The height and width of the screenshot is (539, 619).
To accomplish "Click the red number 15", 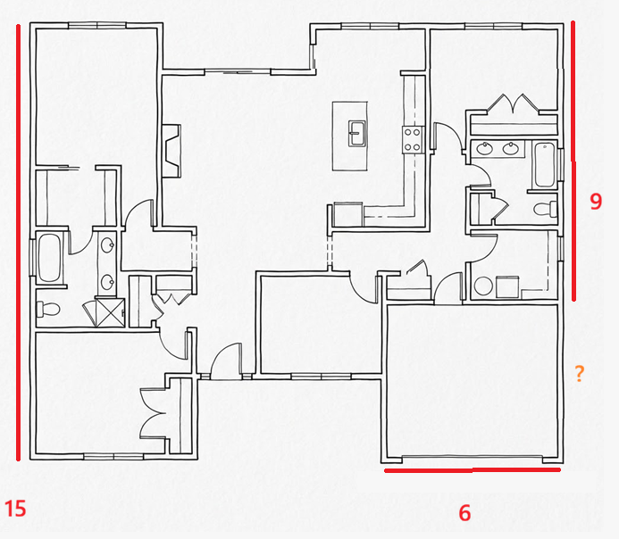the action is (15, 509).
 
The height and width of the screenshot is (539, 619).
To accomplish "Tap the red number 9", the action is (596, 201).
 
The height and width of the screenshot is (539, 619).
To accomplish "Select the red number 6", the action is (464, 513).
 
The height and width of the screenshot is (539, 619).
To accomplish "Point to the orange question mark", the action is (579, 373).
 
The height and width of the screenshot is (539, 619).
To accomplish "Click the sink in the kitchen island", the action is (357, 134).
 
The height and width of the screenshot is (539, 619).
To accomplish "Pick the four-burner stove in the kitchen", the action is (413, 140).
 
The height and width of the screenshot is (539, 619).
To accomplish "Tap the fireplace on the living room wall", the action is (171, 151).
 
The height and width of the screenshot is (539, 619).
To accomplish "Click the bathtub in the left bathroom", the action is (49, 258).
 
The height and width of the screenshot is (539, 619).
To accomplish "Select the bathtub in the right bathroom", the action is (544, 165).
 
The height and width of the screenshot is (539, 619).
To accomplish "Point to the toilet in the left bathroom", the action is (47, 309).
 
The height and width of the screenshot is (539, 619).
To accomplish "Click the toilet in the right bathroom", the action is (546, 209).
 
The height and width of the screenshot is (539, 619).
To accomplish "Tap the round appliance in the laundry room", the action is (483, 286).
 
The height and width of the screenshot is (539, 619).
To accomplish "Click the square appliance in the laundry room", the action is (507, 287).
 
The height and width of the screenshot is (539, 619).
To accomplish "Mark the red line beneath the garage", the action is (473, 469).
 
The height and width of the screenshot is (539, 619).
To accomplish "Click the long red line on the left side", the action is (18, 242).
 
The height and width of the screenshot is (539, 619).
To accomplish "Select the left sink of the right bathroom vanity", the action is (484, 149).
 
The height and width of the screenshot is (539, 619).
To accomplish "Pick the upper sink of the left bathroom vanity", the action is (107, 245).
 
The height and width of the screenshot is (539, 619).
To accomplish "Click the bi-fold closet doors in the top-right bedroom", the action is (513, 104).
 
